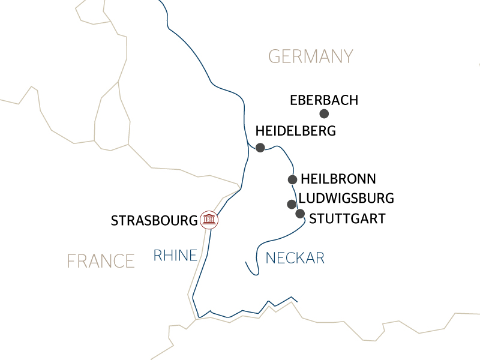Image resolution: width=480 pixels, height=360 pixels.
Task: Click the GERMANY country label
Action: pos(310,56)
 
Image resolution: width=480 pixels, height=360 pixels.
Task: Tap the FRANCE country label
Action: pos(100,261)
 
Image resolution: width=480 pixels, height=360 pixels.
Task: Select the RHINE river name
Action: pos(175,256)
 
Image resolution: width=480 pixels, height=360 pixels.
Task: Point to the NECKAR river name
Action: pos(295,259)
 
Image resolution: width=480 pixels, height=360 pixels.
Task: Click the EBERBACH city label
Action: pos(323,100)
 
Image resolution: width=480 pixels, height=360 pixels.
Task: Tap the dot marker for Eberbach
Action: pos(324,114)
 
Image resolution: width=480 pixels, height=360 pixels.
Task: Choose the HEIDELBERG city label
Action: pos(295,131)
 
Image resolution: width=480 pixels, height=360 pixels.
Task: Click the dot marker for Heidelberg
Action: pos(260,148)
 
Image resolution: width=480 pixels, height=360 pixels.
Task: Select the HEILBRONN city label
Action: pos(338,179)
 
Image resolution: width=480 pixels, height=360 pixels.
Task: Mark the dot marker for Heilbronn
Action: pos(292,179)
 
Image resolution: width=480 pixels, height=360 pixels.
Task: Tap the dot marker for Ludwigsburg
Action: pos(291,204)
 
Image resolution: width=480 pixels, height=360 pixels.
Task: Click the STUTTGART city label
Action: pos(347,218)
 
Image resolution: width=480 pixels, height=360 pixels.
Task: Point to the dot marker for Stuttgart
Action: pos(300,213)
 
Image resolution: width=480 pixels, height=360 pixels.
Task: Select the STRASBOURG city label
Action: pos(154,221)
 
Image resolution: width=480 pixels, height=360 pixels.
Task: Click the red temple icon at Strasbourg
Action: pos(209,220)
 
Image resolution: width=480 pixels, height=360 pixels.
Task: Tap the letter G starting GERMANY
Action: pos(275,56)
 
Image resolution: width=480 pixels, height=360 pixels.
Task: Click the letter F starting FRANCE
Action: pos(71,261)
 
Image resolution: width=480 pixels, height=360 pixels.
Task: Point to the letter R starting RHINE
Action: pos(158,256)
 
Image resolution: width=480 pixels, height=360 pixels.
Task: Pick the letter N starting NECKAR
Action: pos(270,259)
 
